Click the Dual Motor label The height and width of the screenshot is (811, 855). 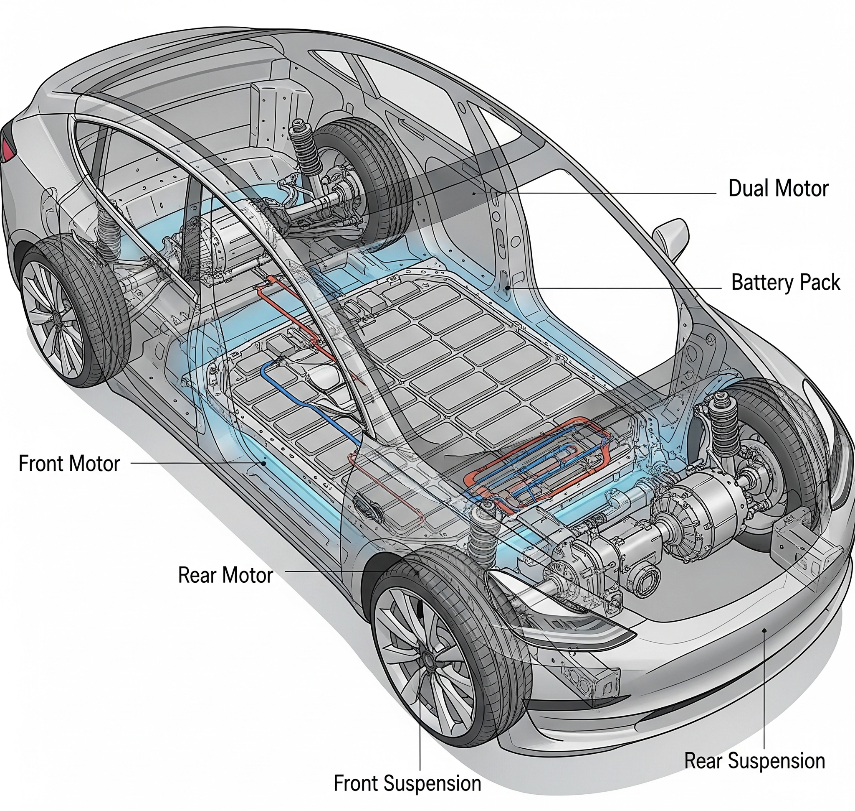pyautogui.click(x=778, y=189)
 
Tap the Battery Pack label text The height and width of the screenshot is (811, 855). pyautogui.click(x=785, y=283)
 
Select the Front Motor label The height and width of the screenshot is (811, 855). pyautogui.click(x=69, y=464)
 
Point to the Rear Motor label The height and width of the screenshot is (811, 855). pyautogui.click(x=225, y=575)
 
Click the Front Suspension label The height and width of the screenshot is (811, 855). pyautogui.click(x=407, y=783)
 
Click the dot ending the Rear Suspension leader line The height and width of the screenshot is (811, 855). pyautogui.click(x=764, y=631)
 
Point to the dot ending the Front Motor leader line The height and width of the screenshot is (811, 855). pyautogui.click(x=264, y=463)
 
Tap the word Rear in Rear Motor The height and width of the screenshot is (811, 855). pyautogui.click(x=197, y=575)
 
